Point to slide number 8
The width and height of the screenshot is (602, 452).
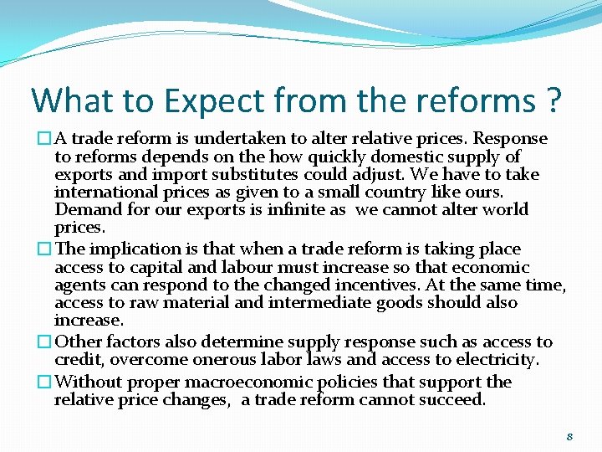coord(569,436)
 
